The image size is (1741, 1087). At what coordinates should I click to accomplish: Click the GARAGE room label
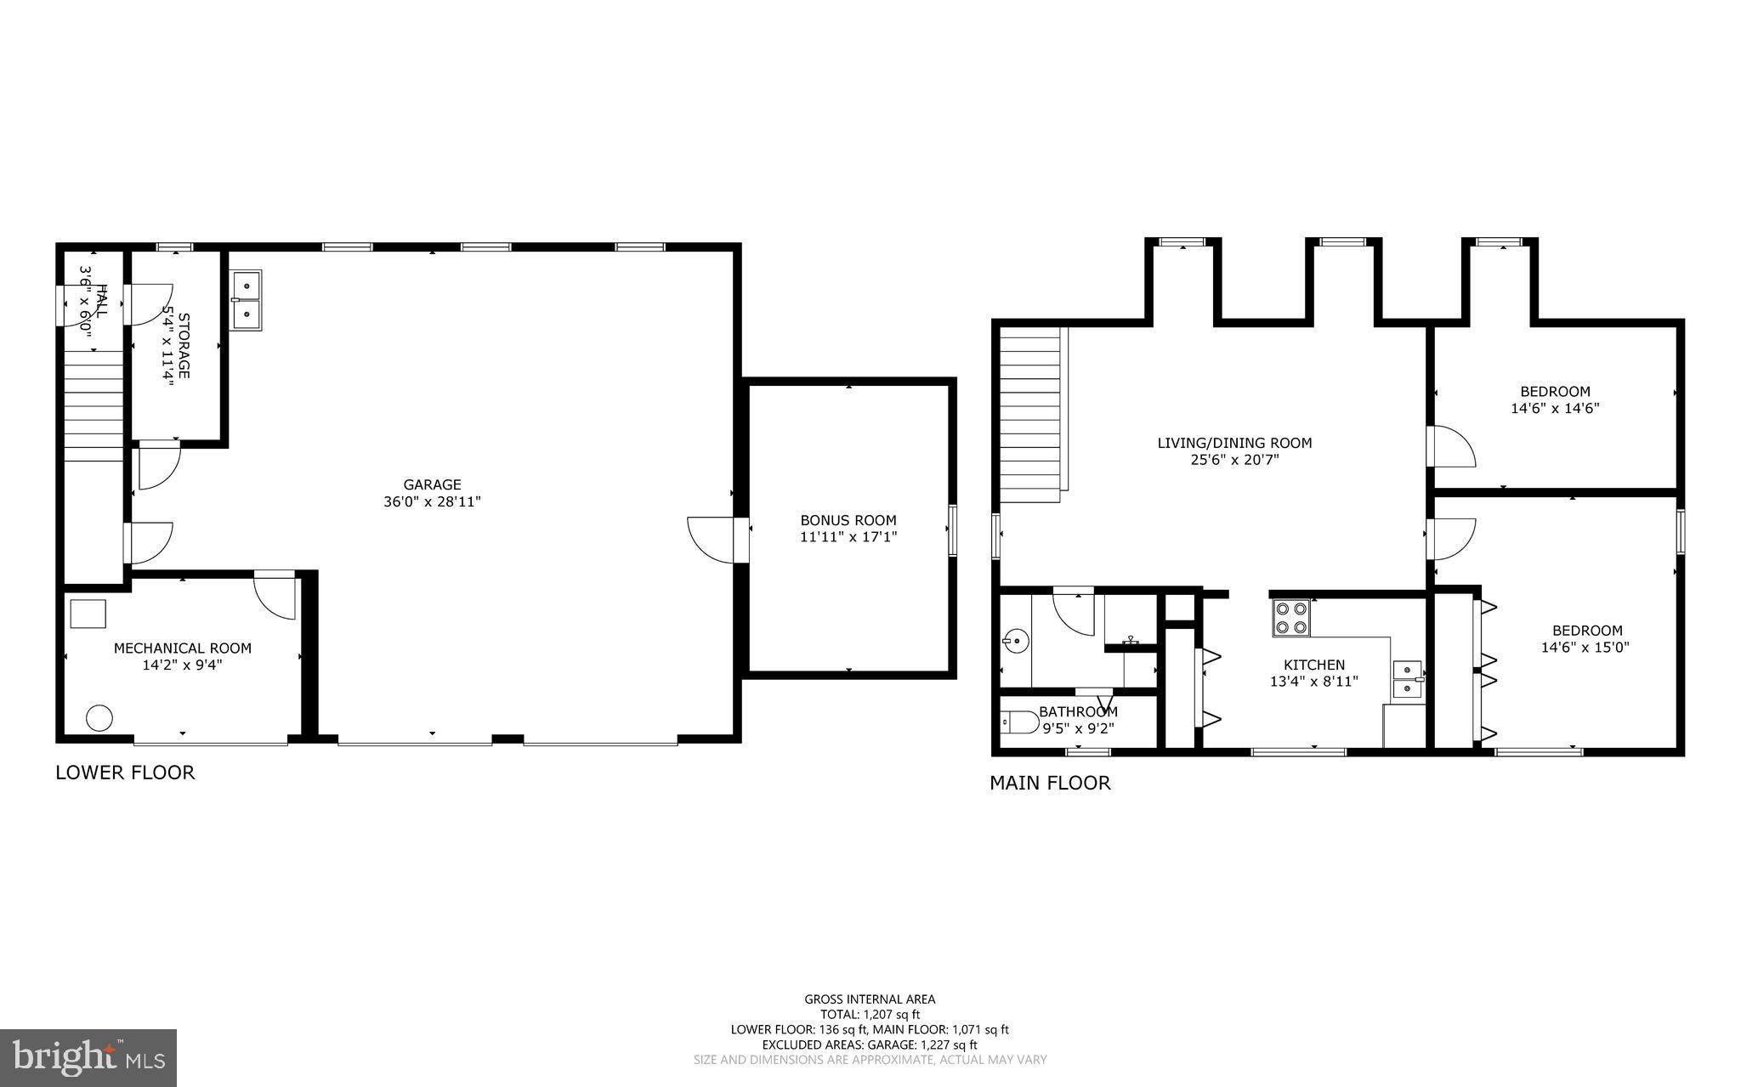tap(432, 485)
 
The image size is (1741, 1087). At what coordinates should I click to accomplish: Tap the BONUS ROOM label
tap(848, 520)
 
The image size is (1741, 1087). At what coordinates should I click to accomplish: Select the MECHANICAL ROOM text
tap(183, 648)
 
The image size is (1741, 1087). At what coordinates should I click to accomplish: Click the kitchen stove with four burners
tap(1290, 619)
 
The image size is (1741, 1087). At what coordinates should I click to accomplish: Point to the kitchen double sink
tap(1408, 680)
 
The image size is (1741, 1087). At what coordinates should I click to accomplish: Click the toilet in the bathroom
tap(1018, 722)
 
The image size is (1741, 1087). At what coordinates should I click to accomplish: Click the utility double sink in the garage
tap(246, 300)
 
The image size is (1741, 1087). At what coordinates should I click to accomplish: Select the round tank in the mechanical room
tap(99, 718)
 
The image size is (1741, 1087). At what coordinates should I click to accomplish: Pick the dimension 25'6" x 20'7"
tap(1234, 460)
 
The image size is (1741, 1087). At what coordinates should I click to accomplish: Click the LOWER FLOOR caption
tap(125, 773)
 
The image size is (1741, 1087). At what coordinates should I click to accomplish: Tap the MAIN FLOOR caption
tap(1050, 783)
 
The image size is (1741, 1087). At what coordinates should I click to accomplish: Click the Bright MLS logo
tap(88, 1057)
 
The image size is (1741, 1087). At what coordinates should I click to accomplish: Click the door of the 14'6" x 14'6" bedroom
tap(1452, 446)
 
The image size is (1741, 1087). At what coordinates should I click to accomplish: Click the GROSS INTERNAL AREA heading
tap(870, 999)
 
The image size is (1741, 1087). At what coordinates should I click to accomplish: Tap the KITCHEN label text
tap(1313, 665)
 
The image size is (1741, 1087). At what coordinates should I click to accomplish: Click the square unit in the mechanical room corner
tap(88, 614)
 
